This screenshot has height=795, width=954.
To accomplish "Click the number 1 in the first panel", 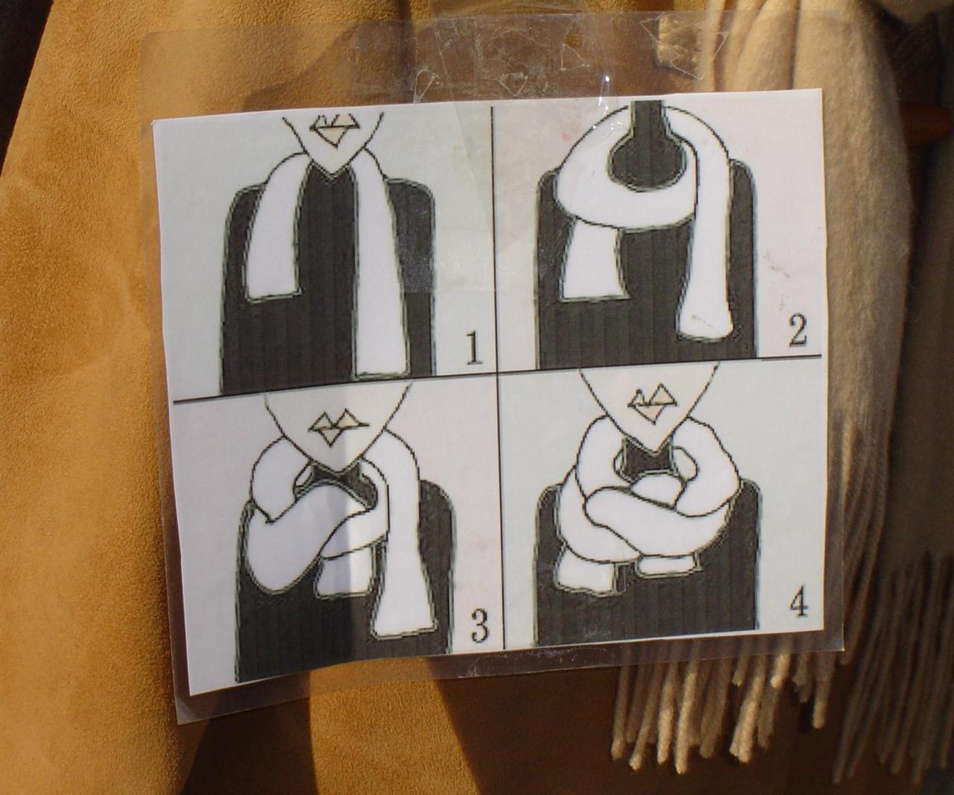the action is tap(473, 348).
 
